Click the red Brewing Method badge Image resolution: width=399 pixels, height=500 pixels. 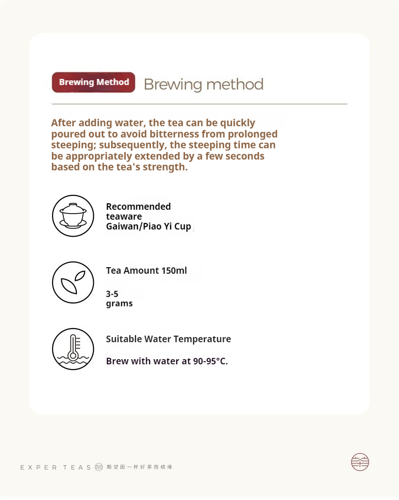(94, 82)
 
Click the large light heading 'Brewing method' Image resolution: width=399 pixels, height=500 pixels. (203, 85)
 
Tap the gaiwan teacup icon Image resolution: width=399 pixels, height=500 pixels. (73, 216)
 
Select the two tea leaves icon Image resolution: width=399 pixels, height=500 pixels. (73, 283)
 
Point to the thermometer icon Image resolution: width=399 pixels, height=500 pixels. (73, 349)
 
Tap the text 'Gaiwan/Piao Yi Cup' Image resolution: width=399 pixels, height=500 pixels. (148, 226)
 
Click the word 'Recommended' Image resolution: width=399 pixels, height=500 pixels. (138, 207)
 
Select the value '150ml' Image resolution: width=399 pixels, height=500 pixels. (174, 270)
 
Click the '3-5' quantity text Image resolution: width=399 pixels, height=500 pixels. (112, 294)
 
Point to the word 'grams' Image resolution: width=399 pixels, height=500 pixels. (119, 303)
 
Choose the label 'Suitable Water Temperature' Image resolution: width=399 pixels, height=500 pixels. (168, 339)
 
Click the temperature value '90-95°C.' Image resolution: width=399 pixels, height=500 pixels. (211, 362)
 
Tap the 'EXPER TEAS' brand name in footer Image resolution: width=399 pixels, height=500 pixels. (56, 467)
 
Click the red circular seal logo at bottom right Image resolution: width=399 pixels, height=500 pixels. (360, 462)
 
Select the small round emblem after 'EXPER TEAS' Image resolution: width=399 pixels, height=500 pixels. (98, 467)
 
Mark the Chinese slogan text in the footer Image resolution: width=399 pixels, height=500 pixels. (139, 467)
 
